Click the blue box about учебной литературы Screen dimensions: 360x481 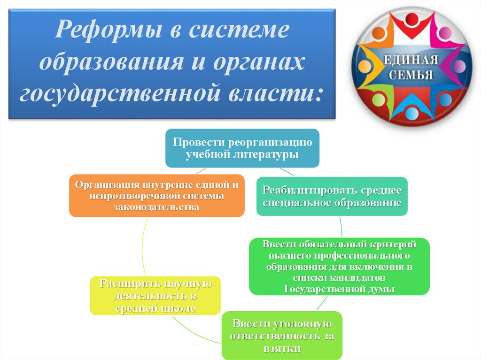pos(242,148)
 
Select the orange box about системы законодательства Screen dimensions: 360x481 pos(156,196)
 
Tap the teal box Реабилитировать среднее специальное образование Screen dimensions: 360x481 pos(332,196)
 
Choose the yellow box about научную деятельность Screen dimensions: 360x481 pos(155,296)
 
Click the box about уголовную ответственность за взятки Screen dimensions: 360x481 pos(281,336)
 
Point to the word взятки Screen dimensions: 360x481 pos(281,349)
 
